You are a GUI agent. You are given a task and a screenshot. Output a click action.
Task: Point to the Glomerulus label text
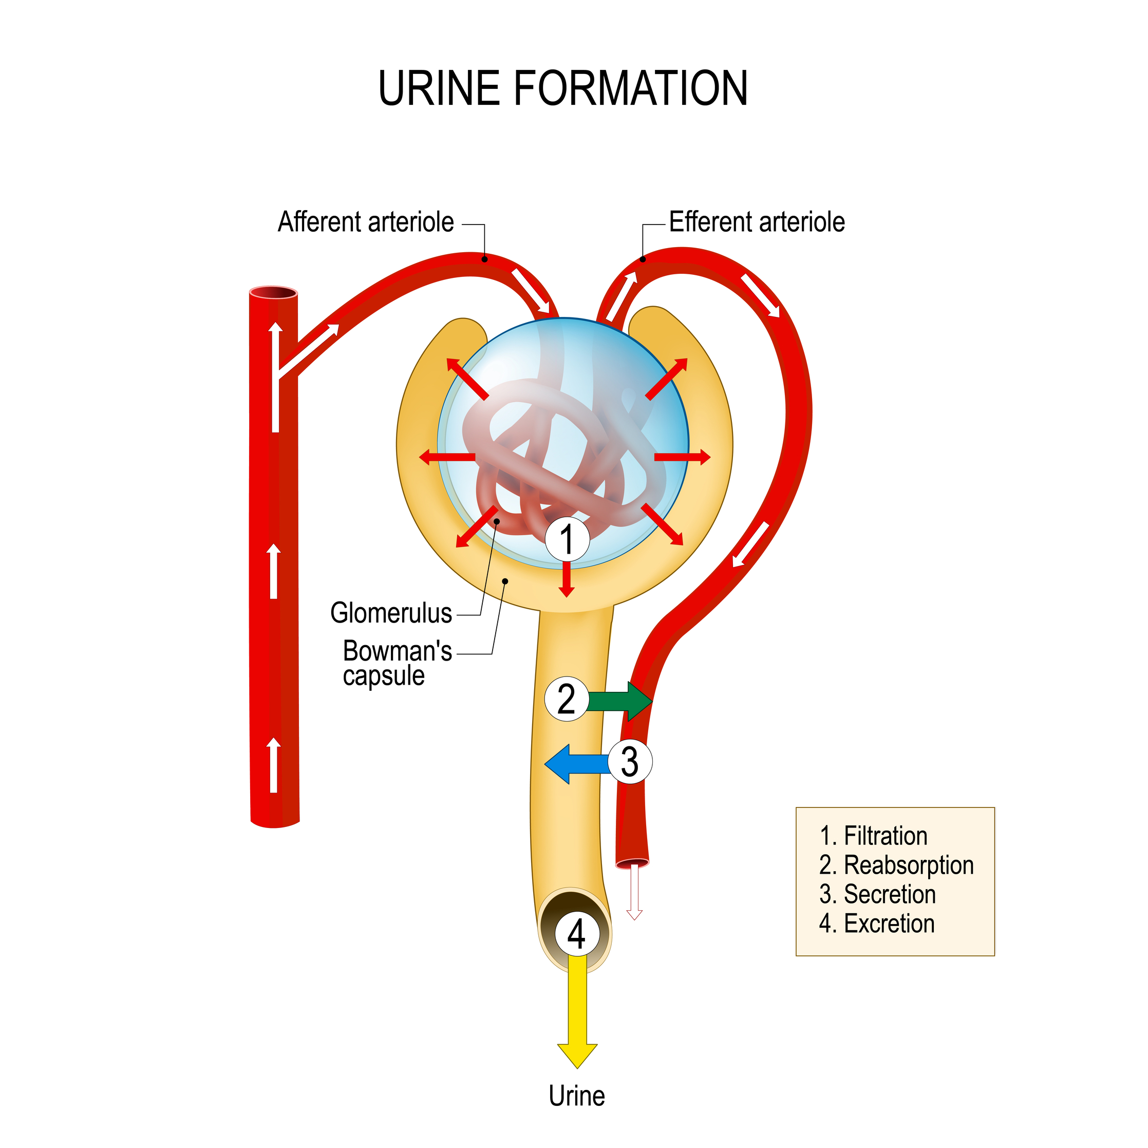point(391,613)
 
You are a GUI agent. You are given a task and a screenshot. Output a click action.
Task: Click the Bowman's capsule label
point(397,663)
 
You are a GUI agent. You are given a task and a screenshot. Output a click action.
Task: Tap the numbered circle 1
point(568,539)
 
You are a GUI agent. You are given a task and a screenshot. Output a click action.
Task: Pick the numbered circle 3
point(630,761)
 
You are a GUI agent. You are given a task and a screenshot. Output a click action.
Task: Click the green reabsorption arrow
point(621,701)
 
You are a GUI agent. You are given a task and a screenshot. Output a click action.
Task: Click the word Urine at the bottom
point(576,1096)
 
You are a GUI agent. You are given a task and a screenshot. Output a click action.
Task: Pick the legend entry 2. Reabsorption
point(896,865)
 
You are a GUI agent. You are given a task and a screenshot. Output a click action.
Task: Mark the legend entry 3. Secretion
point(877,894)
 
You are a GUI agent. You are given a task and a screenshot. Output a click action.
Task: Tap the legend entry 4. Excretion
point(876,924)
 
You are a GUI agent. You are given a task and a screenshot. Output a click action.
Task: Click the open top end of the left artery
point(273,293)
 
